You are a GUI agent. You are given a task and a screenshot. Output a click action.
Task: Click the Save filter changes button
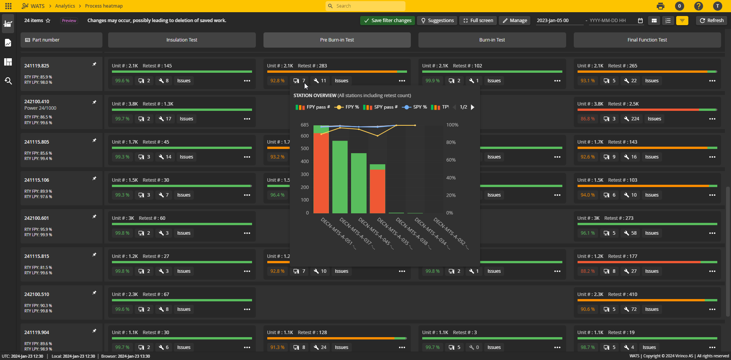(x=387, y=21)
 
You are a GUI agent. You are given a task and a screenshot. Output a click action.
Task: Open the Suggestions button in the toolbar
(x=437, y=21)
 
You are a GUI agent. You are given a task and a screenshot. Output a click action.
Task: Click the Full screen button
(x=478, y=21)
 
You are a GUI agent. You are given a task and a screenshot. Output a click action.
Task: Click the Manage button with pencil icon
(x=514, y=21)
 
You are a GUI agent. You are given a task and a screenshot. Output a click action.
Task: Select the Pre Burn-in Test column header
(x=337, y=40)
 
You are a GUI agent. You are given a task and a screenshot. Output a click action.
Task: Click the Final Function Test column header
(x=647, y=40)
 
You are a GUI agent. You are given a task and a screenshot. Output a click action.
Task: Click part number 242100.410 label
(x=37, y=102)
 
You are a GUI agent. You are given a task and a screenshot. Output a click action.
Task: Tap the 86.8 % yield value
(x=587, y=119)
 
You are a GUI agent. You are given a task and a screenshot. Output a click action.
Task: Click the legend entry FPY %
(x=347, y=107)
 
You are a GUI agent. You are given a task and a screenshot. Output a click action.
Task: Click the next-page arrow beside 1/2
(x=472, y=107)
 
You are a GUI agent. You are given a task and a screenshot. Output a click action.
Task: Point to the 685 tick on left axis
(x=304, y=125)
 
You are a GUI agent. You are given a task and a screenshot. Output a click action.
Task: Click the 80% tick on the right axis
(x=451, y=142)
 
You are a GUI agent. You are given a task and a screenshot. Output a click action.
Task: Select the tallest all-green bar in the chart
(x=340, y=177)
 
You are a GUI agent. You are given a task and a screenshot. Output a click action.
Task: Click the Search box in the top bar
(x=365, y=6)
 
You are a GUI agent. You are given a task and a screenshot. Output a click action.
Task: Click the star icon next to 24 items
(x=48, y=21)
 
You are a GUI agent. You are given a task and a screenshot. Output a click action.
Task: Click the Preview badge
(x=69, y=21)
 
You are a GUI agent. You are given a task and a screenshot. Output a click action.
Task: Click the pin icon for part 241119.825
(x=94, y=64)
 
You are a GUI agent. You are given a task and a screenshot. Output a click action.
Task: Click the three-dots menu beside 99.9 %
(x=557, y=81)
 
